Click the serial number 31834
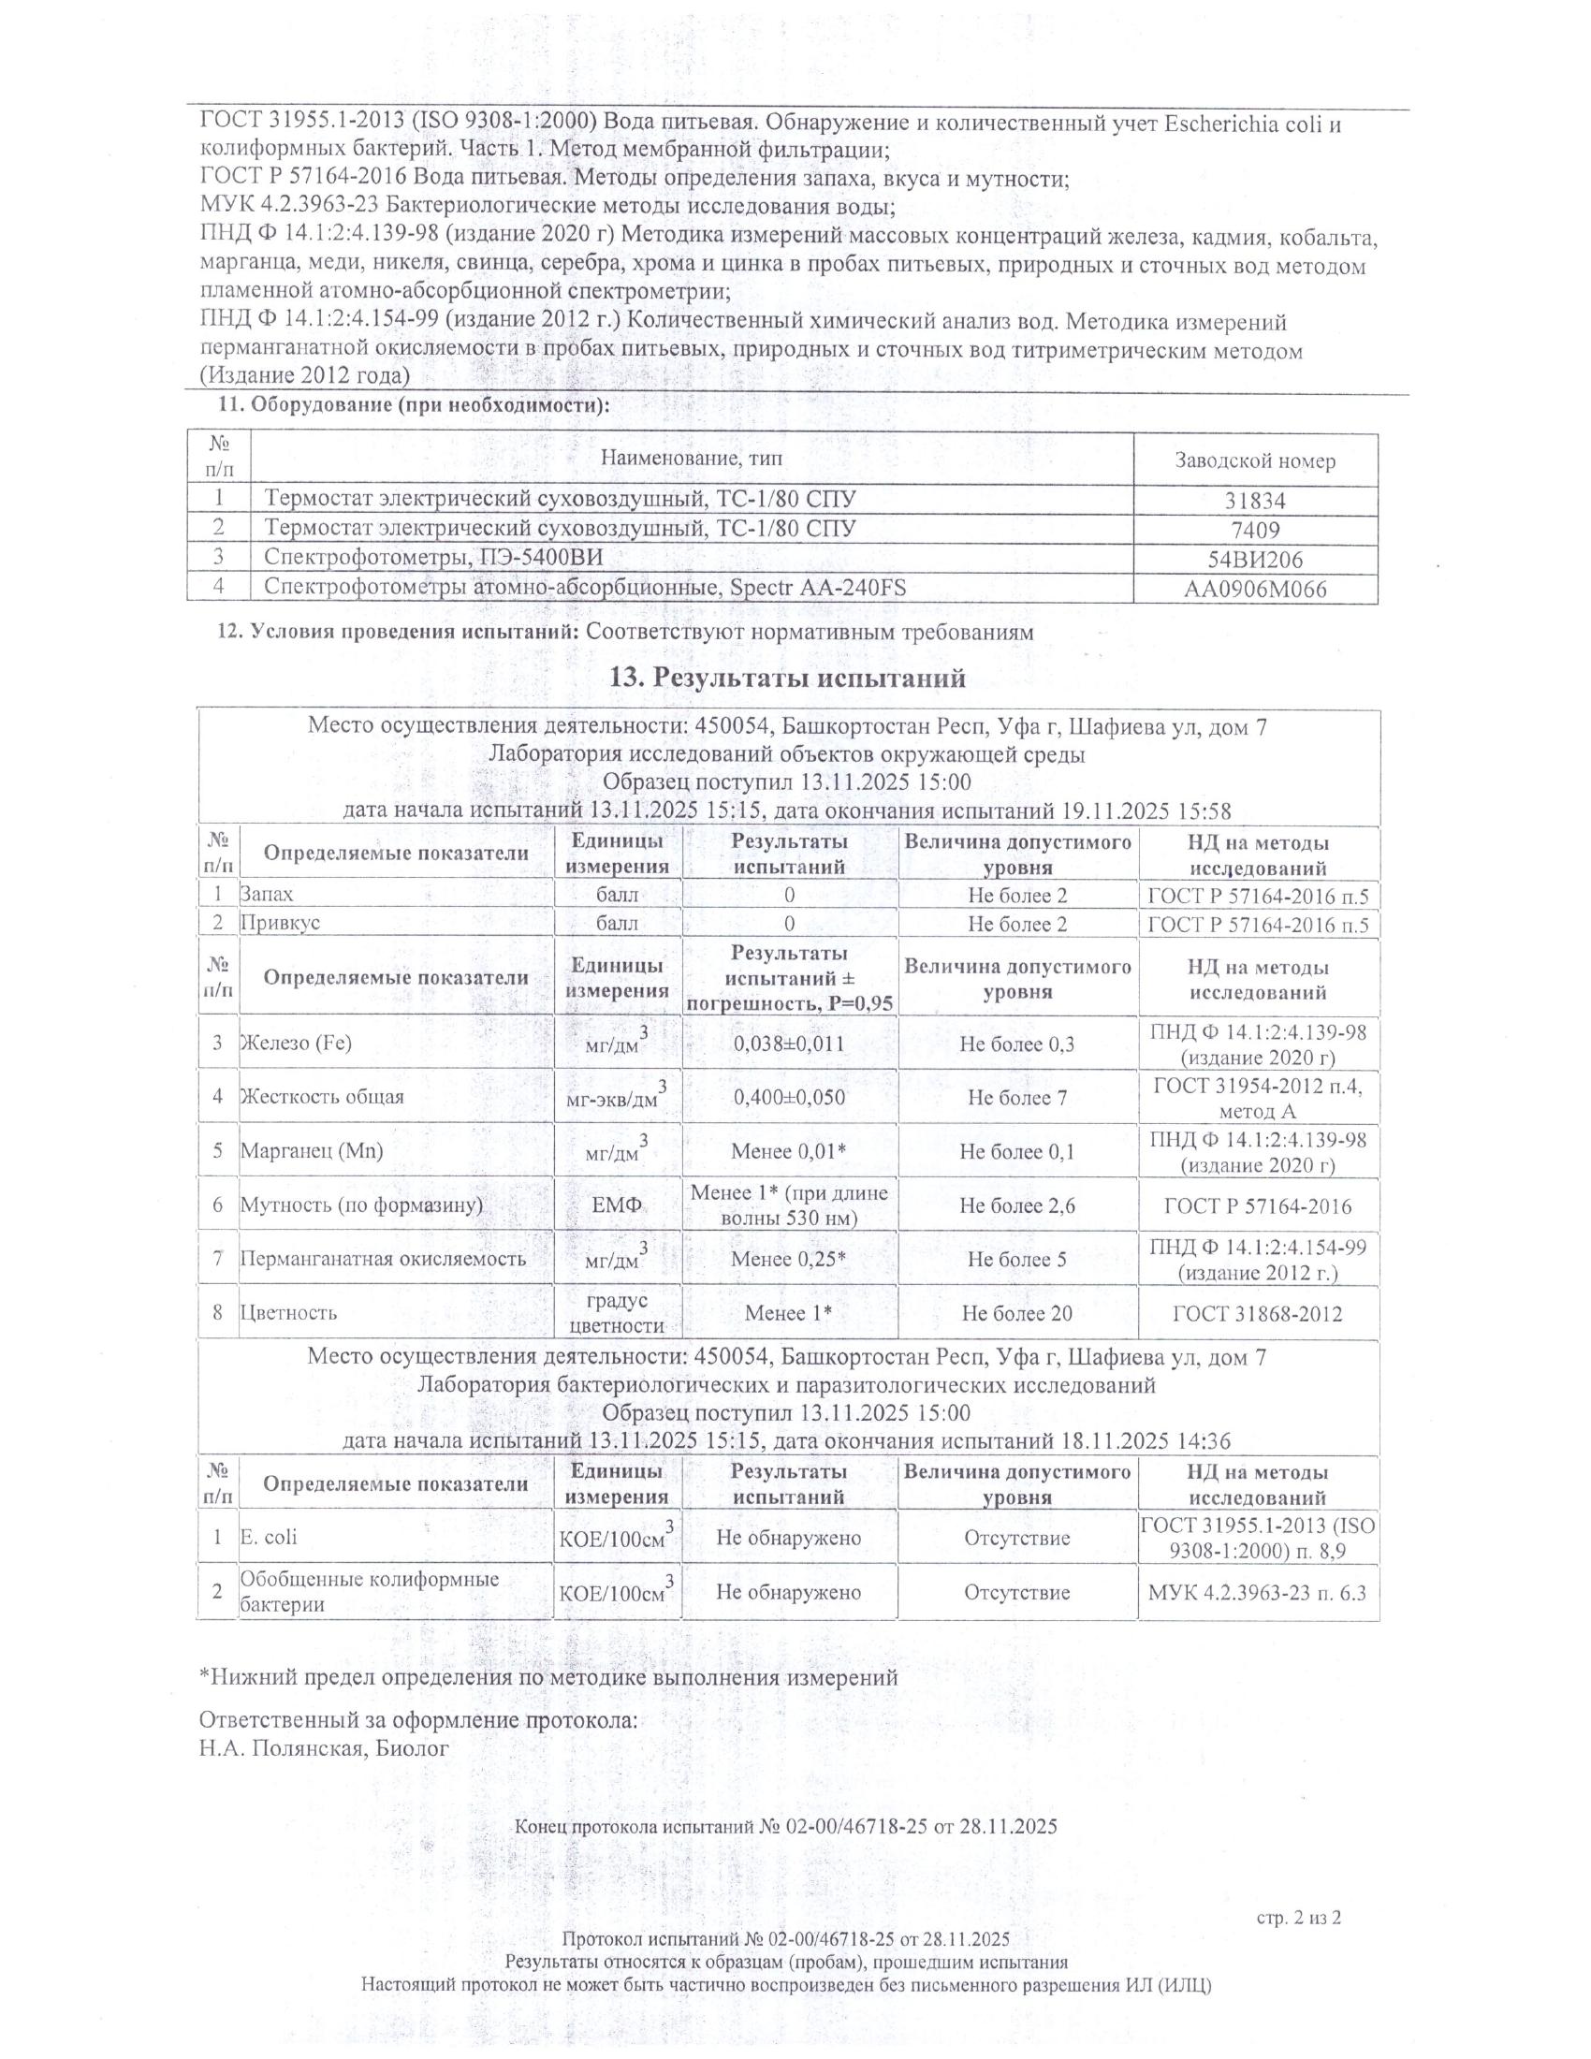click(x=1254, y=501)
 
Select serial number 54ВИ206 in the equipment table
click(x=1254, y=560)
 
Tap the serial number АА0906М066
click(x=1254, y=591)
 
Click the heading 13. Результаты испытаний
click(x=789, y=678)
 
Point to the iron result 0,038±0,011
click(x=789, y=1044)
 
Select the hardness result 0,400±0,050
click(x=789, y=1098)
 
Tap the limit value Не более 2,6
click(x=1017, y=1205)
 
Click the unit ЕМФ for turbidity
click(x=618, y=1205)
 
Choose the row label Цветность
click(x=288, y=1313)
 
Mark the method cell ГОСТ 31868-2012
click(x=1257, y=1313)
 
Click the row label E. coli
click(x=269, y=1538)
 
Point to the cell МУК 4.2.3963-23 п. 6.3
click(x=1257, y=1593)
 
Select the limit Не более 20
click(x=1017, y=1313)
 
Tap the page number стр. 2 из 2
click(x=1298, y=1918)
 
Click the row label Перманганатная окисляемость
click(x=383, y=1260)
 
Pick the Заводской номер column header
click(x=1254, y=461)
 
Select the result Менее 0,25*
click(x=789, y=1260)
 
